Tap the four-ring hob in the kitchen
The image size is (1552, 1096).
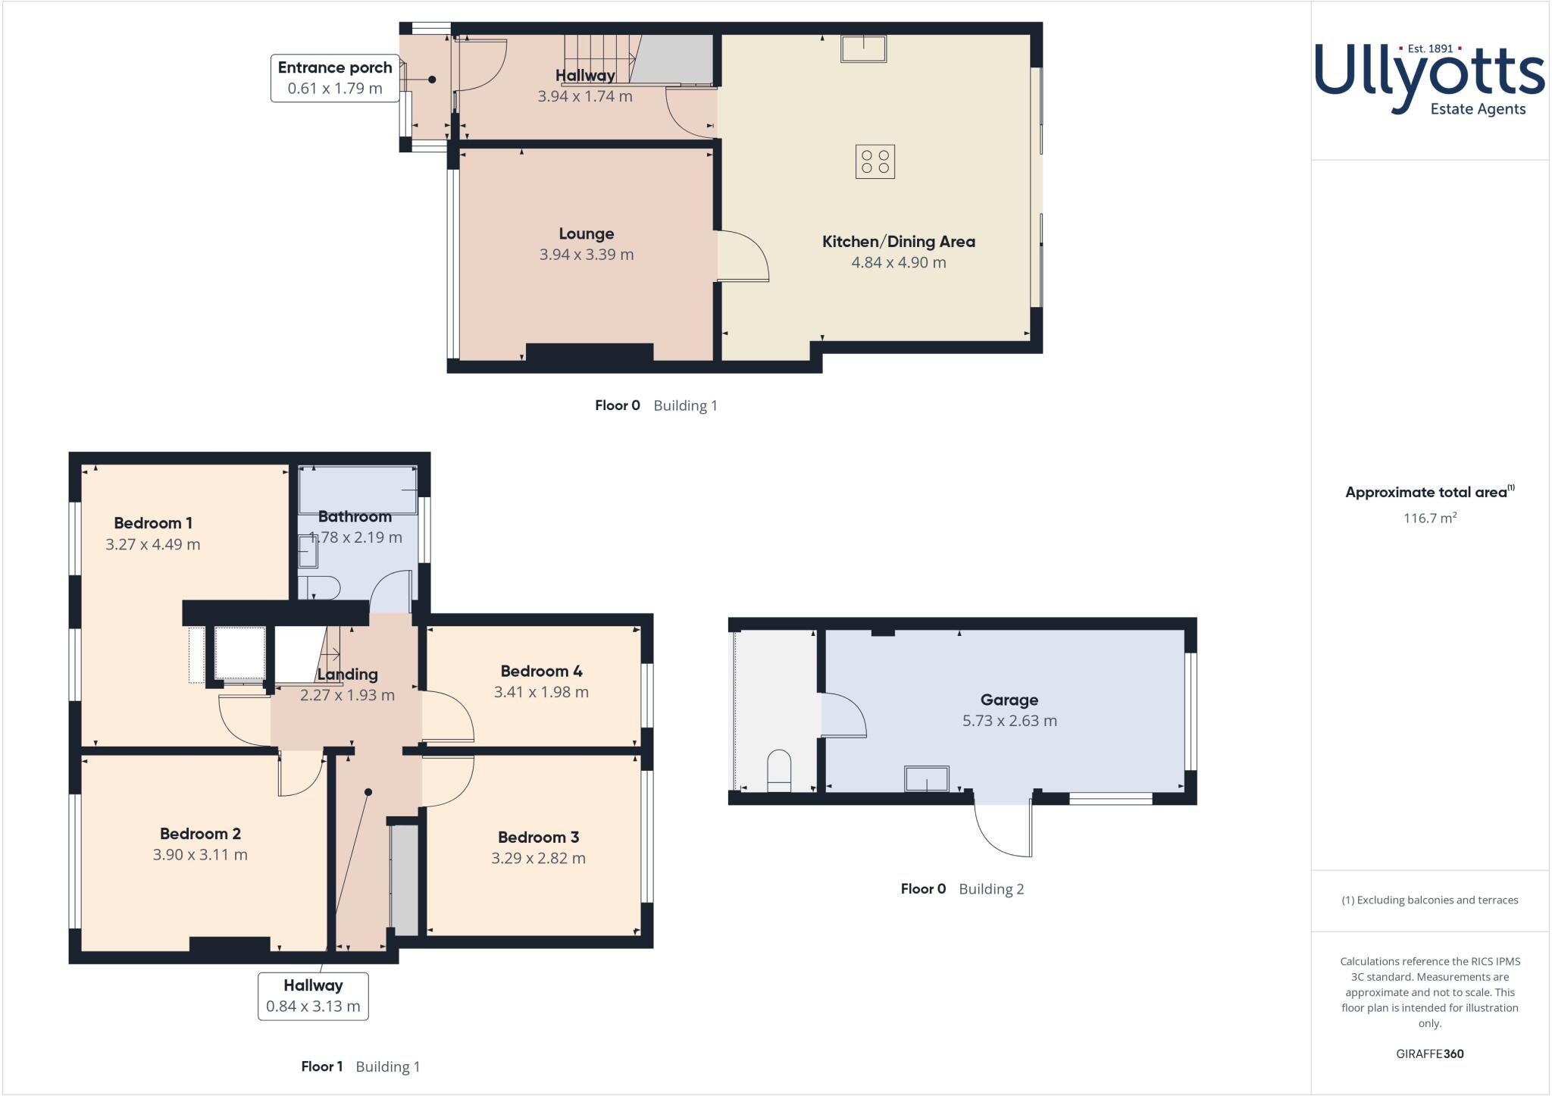pyautogui.click(x=875, y=161)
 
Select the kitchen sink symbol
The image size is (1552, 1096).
pyautogui.click(x=863, y=49)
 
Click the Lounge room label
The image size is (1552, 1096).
pyautogui.click(x=586, y=233)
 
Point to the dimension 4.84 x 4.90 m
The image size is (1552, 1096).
pyautogui.click(x=898, y=262)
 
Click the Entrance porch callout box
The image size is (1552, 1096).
pyautogui.click(x=334, y=77)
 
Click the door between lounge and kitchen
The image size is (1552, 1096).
pyautogui.click(x=743, y=256)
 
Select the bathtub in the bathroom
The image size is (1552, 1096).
pyautogui.click(x=358, y=490)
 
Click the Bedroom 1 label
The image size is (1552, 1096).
pyautogui.click(x=153, y=523)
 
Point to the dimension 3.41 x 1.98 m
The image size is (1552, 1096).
pyautogui.click(x=541, y=691)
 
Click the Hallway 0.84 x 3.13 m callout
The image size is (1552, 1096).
pyautogui.click(x=313, y=996)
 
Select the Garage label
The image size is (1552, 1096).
pyautogui.click(x=1009, y=700)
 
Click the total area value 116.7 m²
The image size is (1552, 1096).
pyautogui.click(x=1429, y=518)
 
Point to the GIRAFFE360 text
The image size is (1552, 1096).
pyautogui.click(x=1429, y=1054)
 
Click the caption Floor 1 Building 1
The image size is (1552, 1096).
pyautogui.click(x=360, y=1066)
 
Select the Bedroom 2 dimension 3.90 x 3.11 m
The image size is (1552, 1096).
pyautogui.click(x=200, y=854)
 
